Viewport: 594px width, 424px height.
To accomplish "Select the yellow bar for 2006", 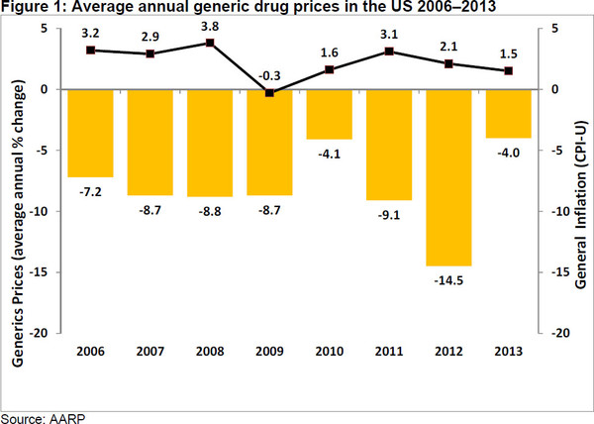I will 91,133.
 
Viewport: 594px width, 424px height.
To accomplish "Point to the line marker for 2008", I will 210,43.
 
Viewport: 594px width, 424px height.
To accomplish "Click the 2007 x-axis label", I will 150,353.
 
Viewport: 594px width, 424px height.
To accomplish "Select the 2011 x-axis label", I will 389,353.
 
